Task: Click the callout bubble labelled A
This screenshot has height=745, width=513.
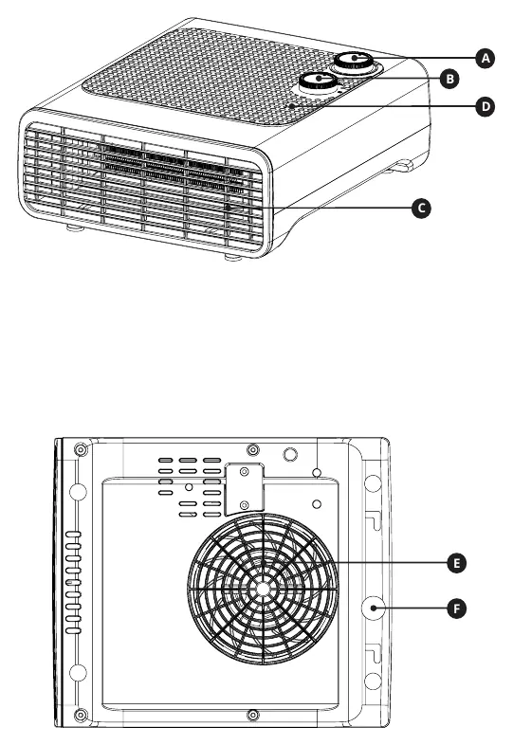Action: [485, 59]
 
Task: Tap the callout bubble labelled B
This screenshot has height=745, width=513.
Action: [449, 79]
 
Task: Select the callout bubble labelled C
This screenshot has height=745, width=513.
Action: [421, 209]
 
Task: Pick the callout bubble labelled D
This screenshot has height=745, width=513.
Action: [485, 106]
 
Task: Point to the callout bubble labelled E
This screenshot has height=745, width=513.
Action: [456, 564]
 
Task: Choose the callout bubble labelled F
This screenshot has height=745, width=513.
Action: [456, 609]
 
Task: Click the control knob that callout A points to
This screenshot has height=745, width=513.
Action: [355, 61]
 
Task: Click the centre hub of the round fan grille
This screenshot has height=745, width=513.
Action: [263, 589]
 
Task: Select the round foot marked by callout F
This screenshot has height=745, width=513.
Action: [374, 609]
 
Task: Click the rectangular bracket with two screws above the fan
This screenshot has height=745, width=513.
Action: [244, 489]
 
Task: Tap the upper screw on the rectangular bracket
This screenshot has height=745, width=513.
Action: [245, 472]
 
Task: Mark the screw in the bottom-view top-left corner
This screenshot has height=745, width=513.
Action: [82, 449]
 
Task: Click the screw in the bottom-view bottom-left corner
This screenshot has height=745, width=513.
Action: [82, 714]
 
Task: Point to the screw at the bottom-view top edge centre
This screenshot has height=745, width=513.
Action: [253, 449]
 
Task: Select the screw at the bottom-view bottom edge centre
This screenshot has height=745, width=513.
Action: [253, 714]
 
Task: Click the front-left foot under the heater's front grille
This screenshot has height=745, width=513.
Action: [75, 228]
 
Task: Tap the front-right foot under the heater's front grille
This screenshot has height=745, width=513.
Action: [233, 257]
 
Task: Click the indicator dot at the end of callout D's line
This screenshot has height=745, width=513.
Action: [291, 106]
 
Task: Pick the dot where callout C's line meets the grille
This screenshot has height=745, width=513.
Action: [229, 208]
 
